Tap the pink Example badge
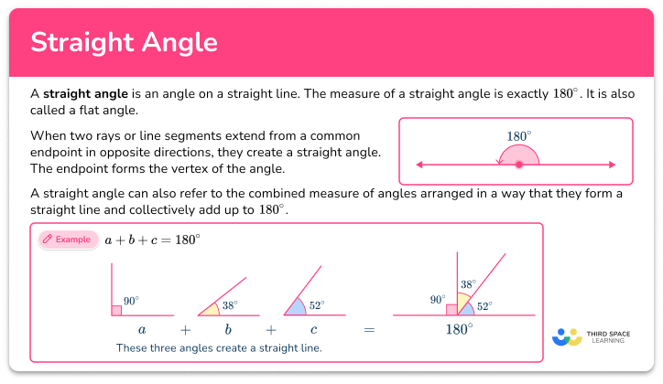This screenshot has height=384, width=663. [x=67, y=240]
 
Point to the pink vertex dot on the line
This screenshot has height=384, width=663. [x=519, y=165]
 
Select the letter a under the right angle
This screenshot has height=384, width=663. [x=142, y=328]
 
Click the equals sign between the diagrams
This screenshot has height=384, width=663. [x=370, y=329]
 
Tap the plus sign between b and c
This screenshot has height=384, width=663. [x=270, y=329]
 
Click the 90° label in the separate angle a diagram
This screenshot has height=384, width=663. [x=130, y=301]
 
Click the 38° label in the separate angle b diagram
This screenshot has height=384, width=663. [x=229, y=305]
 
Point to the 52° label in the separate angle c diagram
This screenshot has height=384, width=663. [x=316, y=305]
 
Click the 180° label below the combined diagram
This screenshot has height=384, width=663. [x=458, y=329]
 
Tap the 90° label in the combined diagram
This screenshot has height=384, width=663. [x=436, y=299]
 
